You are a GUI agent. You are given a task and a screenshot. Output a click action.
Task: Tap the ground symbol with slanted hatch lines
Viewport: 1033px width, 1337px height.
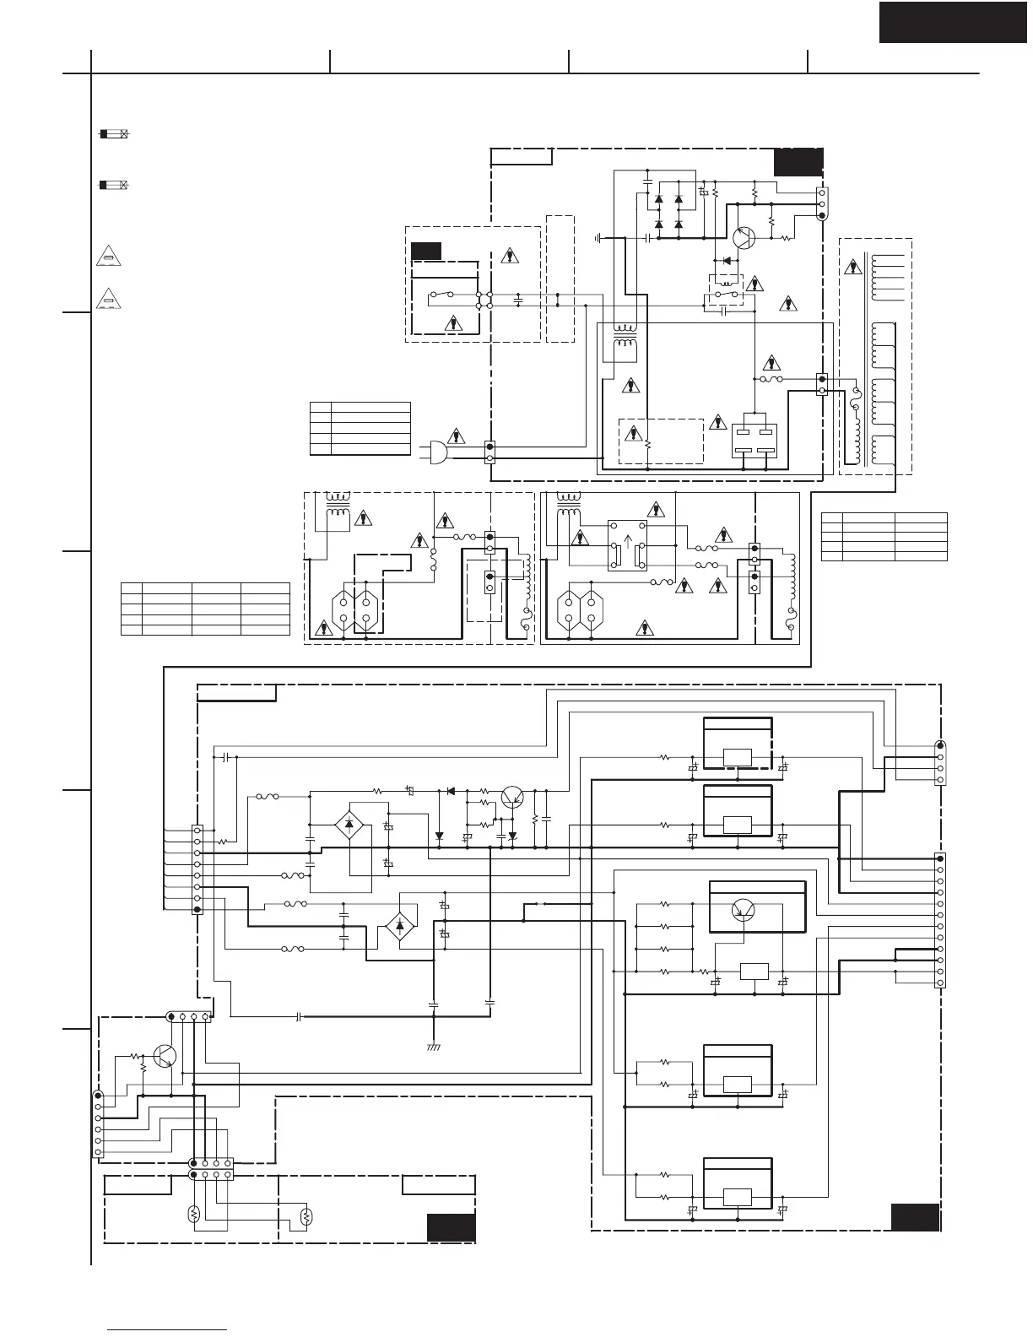[x=433, y=1047]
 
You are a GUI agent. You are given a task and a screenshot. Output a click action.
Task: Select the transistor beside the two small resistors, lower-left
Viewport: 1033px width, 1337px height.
[x=166, y=1056]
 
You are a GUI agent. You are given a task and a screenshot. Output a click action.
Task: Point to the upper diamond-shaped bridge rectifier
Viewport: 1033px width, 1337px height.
[x=349, y=825]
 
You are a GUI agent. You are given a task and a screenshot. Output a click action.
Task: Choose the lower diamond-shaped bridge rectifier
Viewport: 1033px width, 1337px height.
[x=399, y=926]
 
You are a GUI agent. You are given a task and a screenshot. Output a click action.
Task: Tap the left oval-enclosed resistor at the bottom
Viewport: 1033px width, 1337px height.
[x=193, y=1215]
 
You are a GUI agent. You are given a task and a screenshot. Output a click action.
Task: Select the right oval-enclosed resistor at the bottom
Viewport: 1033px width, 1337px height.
[x=306, y=1216]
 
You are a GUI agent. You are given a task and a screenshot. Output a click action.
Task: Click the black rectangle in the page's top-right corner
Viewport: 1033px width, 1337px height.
[x=953, y=22]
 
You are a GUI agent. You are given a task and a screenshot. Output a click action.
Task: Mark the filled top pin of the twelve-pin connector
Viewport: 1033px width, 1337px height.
[x=940, y=858]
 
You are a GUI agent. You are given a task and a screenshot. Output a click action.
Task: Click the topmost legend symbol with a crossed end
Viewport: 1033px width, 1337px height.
[x=114, y=134]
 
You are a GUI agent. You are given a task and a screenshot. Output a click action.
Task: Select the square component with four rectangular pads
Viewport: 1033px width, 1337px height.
[x=754, y=437]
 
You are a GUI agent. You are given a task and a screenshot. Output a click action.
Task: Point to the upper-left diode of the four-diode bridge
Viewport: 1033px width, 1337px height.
[x=659, y=199]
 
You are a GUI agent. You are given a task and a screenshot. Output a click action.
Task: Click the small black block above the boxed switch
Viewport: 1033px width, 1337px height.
[x=426, y=251]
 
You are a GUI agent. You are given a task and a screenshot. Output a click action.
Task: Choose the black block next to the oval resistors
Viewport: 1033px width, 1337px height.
[x=451, y=1227]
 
